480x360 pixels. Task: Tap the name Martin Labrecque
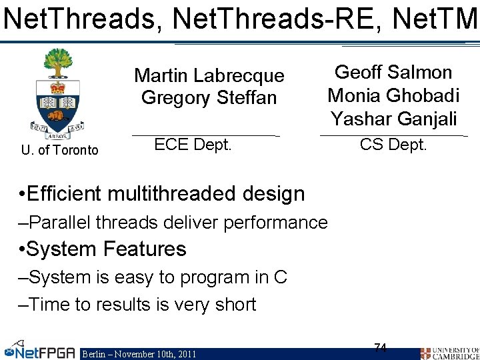click(x=209, y=76)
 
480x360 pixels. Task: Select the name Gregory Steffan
click(x=209, y=98)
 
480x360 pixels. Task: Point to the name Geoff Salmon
click(x=393, y=73)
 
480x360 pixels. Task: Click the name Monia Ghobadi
click(x=393, y=95)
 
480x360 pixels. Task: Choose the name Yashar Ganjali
click(x=393, y=119)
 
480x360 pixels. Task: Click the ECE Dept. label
click(x=193, y=145)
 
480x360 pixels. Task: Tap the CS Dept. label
click(x=393, y=145)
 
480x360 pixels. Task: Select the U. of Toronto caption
click(x=59, y=150)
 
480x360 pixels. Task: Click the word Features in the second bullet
click(x=144, y=249)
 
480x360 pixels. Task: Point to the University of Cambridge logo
click(x=449, y=352)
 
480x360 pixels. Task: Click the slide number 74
click(x=381, y=347)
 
